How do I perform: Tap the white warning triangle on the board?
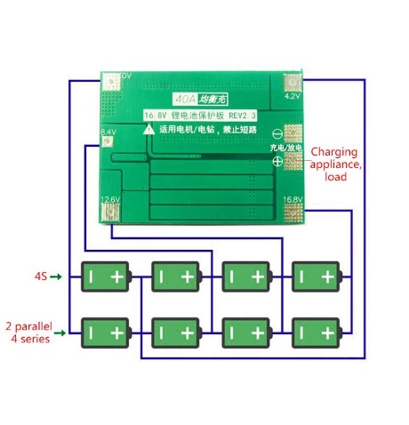pos(149,130)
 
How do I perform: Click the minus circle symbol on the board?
pos(277,133)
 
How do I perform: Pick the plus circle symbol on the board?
pos(277,162)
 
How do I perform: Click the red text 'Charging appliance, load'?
pos(335,164)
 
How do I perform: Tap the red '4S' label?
pos(40,277)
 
